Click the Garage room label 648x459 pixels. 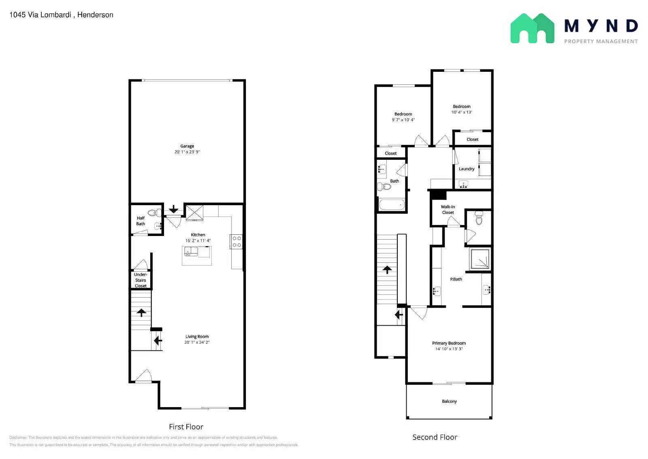point(187,146)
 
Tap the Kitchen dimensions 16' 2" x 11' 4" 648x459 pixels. point(198,240)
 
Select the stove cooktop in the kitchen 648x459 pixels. point(237,242)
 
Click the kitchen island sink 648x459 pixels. point(191,252)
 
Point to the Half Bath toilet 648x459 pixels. point(154,213)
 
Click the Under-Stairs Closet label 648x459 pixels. point(141,280)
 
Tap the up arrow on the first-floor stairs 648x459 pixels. point(141,313)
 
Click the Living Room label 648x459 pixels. point(197,337)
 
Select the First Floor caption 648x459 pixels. point(186,427)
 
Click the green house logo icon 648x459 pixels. point(532,28)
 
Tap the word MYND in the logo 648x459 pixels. point(601,26)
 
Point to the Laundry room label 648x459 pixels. point(467,169)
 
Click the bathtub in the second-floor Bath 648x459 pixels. point(392,205)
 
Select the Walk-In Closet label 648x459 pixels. point(448,210)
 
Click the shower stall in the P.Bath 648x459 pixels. point(480,259)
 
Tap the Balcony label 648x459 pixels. point(449,401)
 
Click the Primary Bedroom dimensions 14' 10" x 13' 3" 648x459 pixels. point(449,349)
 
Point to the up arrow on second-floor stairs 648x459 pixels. point(387,270)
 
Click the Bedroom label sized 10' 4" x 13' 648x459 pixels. point(462,107)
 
